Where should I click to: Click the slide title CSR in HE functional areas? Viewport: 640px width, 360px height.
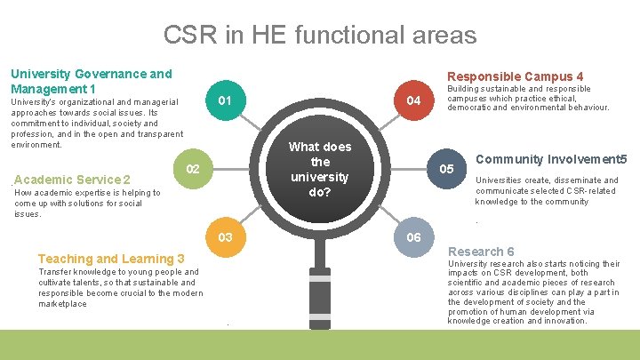tap(320, 35)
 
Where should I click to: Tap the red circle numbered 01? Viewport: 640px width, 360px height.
tap(226, 100)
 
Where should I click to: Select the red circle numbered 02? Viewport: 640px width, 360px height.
tap(193, 169)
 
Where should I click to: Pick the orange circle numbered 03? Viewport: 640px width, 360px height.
tap(226, 237)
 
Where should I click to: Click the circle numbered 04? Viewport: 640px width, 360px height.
tap(413, 100)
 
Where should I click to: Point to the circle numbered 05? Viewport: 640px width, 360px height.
tap(446, 169)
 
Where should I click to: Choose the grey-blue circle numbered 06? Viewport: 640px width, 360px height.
tap(413, 237)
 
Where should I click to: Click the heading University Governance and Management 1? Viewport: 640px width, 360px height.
tap(91, 82)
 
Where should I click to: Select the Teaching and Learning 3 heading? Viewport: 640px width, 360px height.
tap(111, 259)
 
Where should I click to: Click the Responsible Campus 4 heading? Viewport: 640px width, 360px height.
tap(515, 76)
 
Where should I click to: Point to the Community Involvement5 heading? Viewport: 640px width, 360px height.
tap(552, 159)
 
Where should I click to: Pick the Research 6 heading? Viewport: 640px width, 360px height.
tap(481, 252)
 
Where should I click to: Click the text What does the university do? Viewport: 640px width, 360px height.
tap(320, 169)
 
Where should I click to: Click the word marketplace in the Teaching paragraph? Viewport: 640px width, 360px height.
tap(62, 304)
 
